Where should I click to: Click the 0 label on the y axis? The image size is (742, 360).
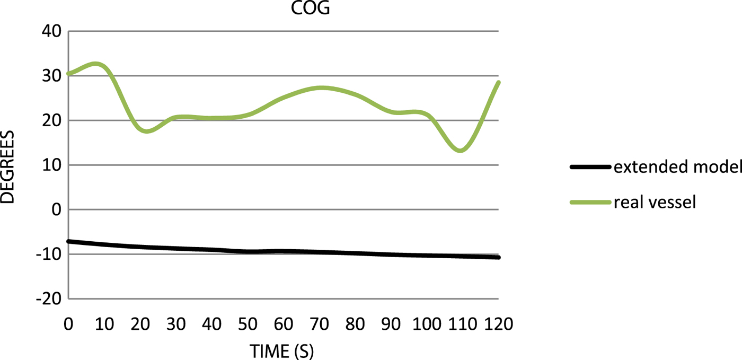[x=55, y=210]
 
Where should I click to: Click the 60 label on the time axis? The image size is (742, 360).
[x=283, y=323]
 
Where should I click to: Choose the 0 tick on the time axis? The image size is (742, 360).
[x=68, y=323]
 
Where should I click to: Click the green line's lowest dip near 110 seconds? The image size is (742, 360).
[x=461, y=151]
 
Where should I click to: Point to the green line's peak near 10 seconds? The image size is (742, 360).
[x=95, y=64]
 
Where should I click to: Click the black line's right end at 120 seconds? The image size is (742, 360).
[x=498, y=257]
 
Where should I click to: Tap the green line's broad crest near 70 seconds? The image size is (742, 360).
[x=322, y=87]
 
